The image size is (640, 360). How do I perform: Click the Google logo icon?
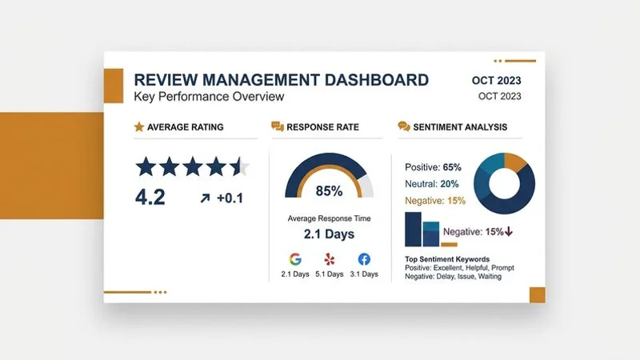click(x=295, y=258)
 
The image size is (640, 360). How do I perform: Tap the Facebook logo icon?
click(x=364, y=258)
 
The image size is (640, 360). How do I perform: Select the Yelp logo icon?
click(x=330, y=259)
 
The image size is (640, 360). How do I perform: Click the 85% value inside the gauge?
click(x=329, y=191)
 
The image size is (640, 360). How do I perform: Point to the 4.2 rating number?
click(x=150, y=197)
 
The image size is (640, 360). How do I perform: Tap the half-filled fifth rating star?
click(x=240, y=166)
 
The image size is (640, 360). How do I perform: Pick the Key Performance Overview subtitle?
click(x=209, y=97)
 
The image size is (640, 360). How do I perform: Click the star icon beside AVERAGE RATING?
click(x=139, y=126)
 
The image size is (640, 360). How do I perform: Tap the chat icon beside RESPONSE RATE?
click(x=278, y=126)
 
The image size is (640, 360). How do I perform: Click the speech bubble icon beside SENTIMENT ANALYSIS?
click(x=404, y=126)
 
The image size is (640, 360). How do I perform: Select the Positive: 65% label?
click(x=433, y=167)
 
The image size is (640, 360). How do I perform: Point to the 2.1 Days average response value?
click(x=329, y=234)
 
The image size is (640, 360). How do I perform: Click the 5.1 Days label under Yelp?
click(x=329, y=274)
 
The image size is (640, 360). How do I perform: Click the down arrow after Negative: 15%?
click(x=508, y=232)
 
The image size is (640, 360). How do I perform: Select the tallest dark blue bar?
click(x=413, y=229)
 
